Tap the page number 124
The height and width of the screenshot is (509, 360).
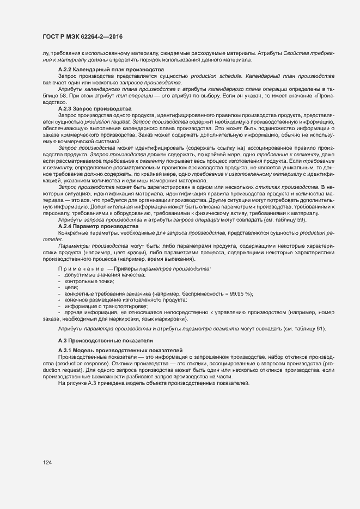coord(48,462)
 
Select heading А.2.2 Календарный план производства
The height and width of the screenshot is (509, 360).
coord(111,70)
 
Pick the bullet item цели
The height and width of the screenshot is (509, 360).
coord(71,287)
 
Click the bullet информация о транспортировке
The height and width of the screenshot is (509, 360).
coord(101,305)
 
